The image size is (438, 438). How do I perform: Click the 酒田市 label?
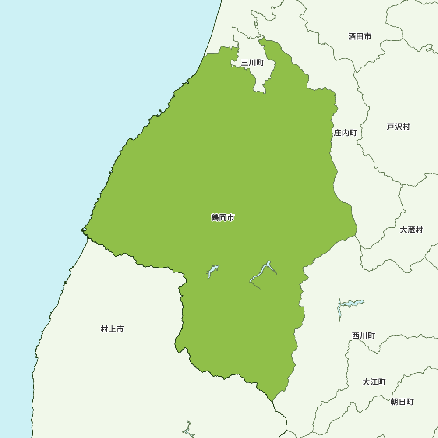360,36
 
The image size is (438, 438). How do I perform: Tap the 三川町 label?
252,63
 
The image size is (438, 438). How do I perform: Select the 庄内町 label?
345,133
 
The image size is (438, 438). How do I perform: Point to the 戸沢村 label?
398,127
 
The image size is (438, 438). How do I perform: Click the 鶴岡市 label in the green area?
223,217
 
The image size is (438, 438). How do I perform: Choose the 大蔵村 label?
411,230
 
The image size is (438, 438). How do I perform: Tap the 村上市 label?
112,329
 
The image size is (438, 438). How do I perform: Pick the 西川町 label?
364,336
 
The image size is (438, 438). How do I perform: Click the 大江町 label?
374,382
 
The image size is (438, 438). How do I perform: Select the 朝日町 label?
402,402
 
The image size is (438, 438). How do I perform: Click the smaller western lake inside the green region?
212,271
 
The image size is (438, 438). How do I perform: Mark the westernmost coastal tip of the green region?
82,230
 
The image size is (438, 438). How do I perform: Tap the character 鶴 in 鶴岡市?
215,217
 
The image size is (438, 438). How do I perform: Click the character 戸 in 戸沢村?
390,127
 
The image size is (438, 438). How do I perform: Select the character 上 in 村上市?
112,329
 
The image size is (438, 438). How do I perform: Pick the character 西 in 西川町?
356,336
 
